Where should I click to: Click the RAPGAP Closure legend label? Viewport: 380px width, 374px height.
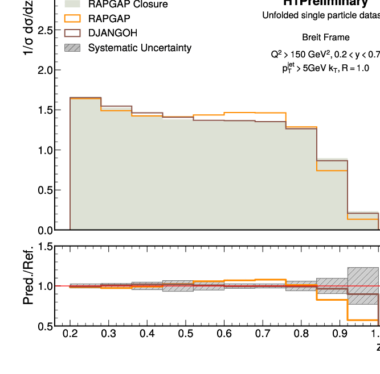128,5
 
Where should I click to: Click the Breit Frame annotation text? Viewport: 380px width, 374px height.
326,38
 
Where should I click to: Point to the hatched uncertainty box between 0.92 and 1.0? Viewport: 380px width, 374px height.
363,285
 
